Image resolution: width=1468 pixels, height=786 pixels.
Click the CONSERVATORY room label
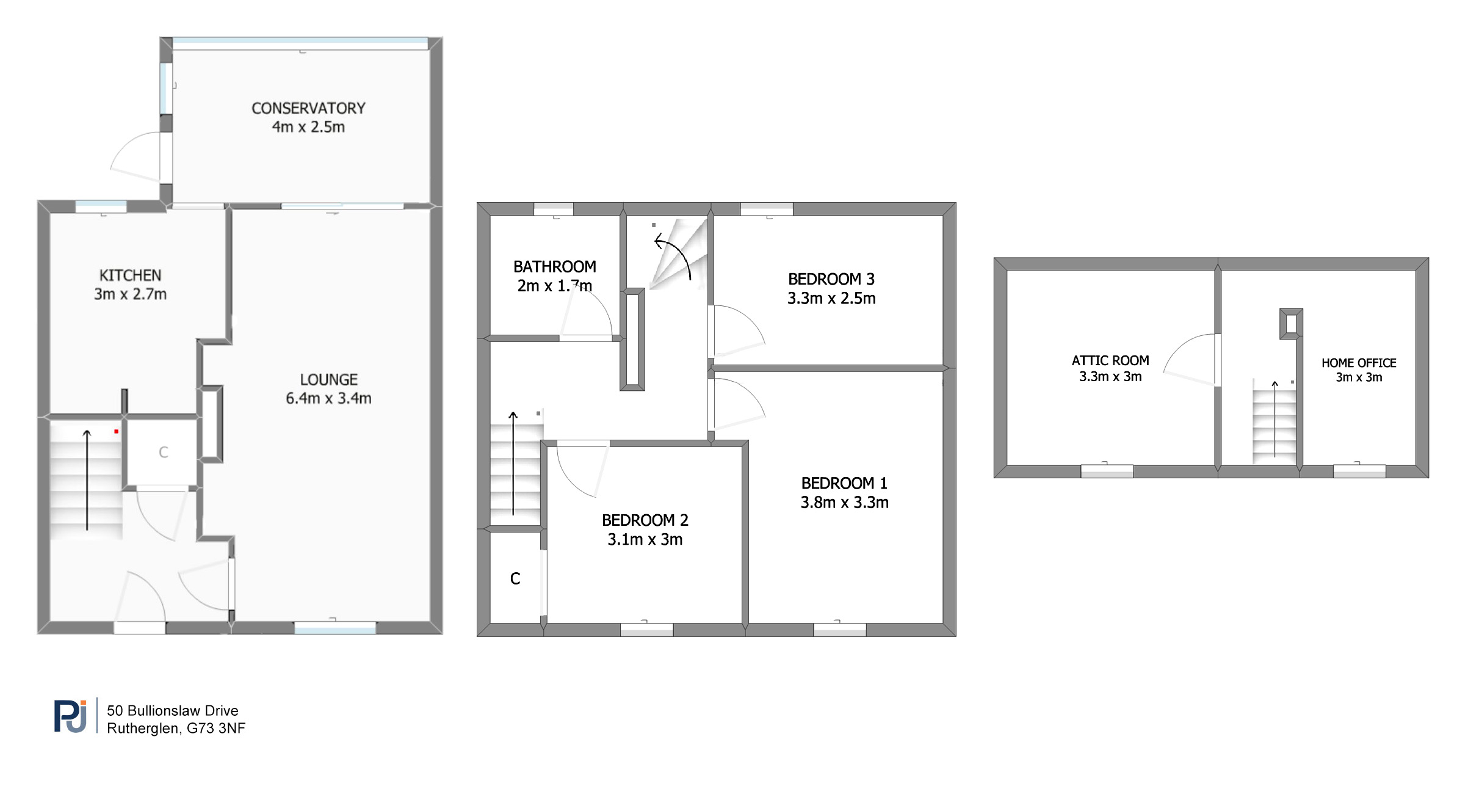308,108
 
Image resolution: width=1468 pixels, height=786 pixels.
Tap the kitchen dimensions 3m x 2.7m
130,294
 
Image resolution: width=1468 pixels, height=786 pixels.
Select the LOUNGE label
328,380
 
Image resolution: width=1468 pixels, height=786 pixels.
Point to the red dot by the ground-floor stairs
116,432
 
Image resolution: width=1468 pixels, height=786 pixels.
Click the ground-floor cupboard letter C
163,453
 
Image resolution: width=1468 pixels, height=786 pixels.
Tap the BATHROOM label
554,267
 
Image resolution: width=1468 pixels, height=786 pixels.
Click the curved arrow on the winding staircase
673,257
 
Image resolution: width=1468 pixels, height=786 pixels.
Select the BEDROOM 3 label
831,279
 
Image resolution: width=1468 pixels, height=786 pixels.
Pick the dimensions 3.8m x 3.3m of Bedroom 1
844,503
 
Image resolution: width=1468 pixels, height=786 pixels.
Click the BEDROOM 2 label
645,520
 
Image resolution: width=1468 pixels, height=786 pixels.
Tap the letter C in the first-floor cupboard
515,579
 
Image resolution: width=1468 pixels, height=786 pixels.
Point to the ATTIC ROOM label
1110,361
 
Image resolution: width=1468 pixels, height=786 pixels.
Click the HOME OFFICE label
1359,363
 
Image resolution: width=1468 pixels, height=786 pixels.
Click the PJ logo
70,716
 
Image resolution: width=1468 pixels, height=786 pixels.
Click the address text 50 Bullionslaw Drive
172,711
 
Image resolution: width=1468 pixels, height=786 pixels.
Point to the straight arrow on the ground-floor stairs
87,480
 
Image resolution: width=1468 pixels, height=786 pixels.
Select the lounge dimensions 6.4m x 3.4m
328,399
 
